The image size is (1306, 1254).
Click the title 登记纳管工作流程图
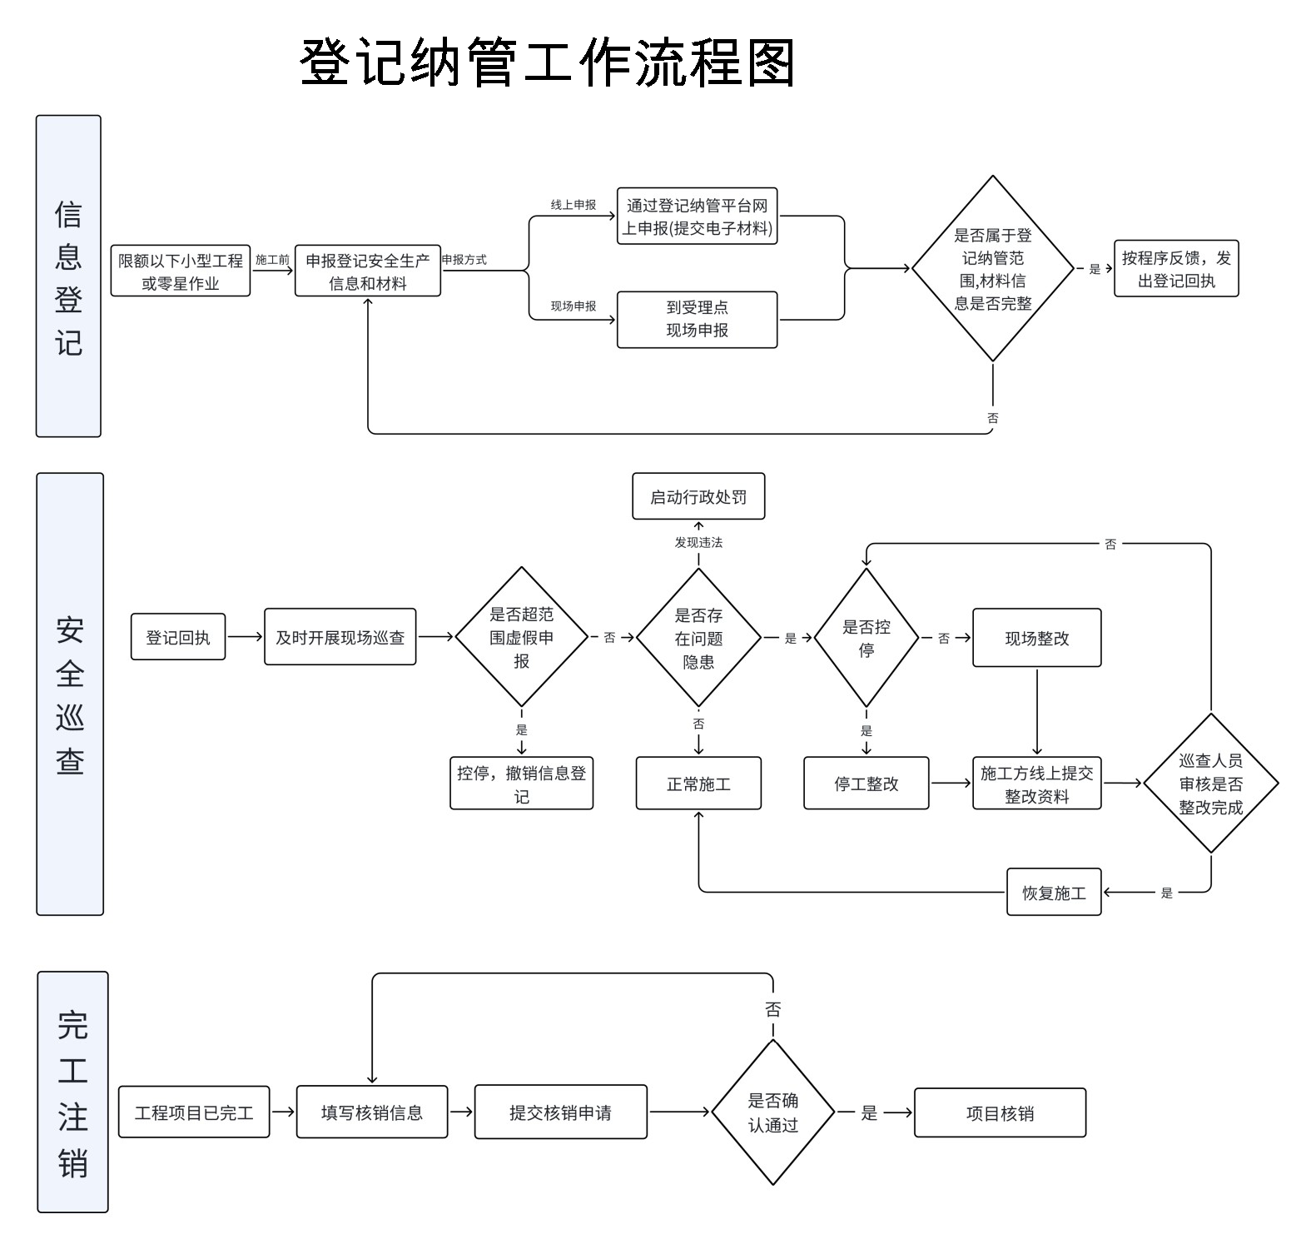547,63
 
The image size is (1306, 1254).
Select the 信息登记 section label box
68,276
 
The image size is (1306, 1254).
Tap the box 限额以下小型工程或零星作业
181,271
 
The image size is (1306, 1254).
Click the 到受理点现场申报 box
697,319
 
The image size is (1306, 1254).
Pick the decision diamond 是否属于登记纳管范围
992,268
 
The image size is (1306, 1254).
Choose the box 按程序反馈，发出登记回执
1175,269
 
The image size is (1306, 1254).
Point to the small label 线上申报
573,205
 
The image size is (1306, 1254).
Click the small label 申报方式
464,260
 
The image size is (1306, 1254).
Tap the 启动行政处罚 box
698,497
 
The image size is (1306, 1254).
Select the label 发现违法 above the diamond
698,542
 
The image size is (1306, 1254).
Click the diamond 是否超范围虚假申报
521,637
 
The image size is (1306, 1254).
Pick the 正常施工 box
698,784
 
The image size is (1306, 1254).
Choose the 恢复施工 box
1053,893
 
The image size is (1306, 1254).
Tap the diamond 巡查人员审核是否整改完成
1210,783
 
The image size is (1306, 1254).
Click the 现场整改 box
1036,638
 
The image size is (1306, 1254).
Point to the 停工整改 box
866,784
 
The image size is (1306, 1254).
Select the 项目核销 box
1000,1112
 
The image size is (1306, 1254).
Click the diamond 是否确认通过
772,1112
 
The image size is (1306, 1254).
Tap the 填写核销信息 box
371,1112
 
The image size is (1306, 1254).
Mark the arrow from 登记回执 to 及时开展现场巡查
245,637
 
